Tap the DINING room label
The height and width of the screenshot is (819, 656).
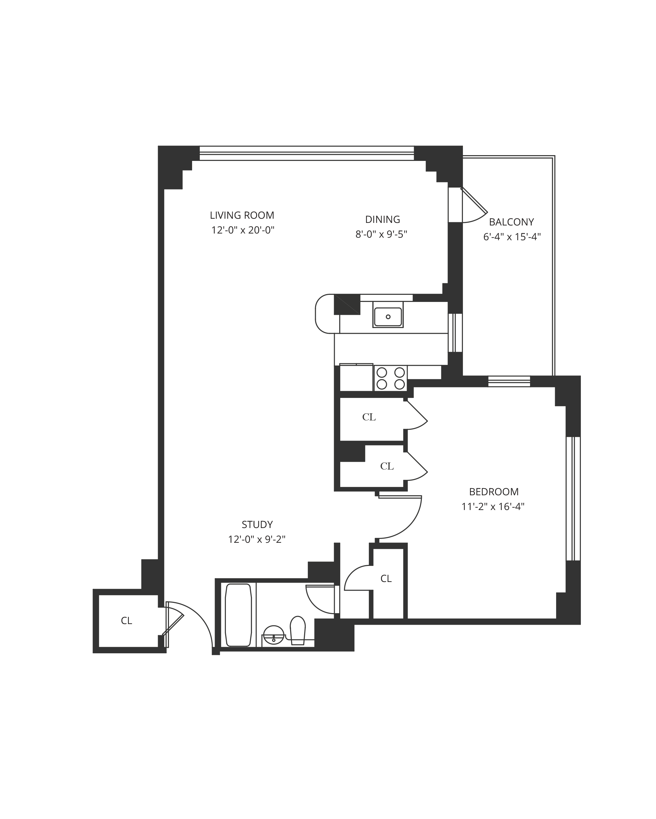pyautogui.click(x=382, y=220)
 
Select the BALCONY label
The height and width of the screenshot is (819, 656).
pyautogui.click(x=511, y=222)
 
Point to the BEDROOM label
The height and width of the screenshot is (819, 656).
pyautogui.click(x=494, y=492)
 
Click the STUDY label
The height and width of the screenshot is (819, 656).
pyautogui.click(x=257, y=524)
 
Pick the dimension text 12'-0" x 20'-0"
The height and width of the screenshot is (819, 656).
pyautogui.click(x=243, y=230)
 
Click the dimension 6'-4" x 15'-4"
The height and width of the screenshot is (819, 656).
pyautogui.click(x=511, y=237)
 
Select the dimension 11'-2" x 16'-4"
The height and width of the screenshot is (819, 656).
pyautogui.click(x=493, y=507)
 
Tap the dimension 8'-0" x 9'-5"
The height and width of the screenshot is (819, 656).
pyautogui.click(x=381, y=234)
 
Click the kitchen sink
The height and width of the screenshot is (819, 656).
pyautogui.click(x=388, y=317)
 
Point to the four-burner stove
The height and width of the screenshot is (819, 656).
pyautogui.click(x=391, y=378)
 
